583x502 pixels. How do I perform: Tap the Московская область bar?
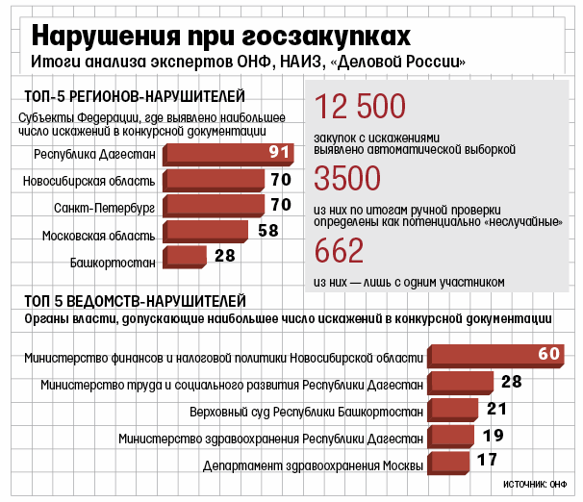(x=206, y=231)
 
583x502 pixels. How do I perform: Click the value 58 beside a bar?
(x=268, y=231)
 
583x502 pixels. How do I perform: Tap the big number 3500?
(x=347, y=179)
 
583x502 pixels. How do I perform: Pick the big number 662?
(x=340, y=250)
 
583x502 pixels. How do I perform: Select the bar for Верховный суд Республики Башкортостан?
(x=458, y=410)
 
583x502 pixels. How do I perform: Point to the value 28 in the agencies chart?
(x=511, y=382)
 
